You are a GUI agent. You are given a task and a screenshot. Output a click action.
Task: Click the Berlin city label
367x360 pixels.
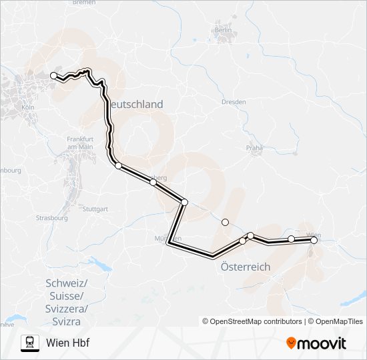(x=222, y=30)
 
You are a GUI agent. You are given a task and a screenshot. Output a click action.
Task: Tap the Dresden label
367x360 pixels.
(x=234, y=101)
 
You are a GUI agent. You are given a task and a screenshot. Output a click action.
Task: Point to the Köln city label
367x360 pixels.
(x=28, y=107)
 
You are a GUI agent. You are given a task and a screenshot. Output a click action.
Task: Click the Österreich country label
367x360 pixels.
(x=245, y=266)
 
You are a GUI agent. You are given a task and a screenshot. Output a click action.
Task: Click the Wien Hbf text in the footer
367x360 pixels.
(x=67, y=343)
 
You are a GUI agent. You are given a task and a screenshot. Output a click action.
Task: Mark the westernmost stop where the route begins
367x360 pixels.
(x=54, y=76)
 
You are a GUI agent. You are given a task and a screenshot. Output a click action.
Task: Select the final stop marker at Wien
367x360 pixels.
(x=314, y=241)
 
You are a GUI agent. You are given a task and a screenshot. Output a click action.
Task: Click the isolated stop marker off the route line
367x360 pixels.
(x=225, y=222)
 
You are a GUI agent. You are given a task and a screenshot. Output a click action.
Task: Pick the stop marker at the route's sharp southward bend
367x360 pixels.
(x=184, y=202)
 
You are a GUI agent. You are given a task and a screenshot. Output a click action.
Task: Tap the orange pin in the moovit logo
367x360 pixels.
(x=291, y=343)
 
